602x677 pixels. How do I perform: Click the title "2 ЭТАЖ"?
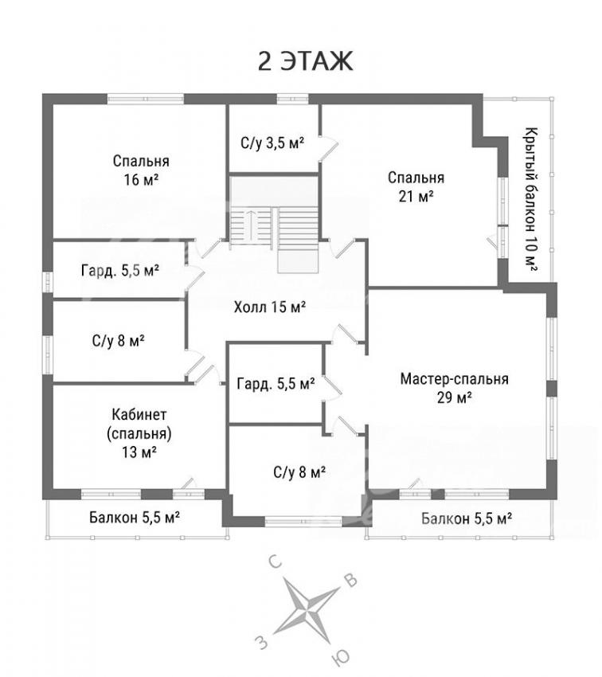(305, 61)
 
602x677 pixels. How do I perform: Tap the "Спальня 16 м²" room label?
(141, 170)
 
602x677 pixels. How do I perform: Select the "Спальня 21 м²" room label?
(416, 186)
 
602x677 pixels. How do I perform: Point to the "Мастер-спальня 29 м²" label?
(454, 388)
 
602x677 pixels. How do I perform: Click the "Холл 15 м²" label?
(270, 307)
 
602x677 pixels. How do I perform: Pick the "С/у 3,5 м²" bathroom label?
(273, 143)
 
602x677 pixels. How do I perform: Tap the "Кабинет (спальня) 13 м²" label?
(139, 433)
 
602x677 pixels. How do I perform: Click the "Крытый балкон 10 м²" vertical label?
(531, 199)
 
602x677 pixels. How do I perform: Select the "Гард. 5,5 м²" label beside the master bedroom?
(276, 383)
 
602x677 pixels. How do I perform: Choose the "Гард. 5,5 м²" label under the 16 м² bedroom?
(120, 271)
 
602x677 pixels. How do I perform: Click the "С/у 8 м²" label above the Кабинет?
(118, 341)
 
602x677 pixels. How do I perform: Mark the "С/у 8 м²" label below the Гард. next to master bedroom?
(299, 473)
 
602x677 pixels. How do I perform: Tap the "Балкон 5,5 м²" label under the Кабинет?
(135, 517)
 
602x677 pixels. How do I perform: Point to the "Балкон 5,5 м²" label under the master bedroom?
(467, 518)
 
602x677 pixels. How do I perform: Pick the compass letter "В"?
(352, 581)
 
